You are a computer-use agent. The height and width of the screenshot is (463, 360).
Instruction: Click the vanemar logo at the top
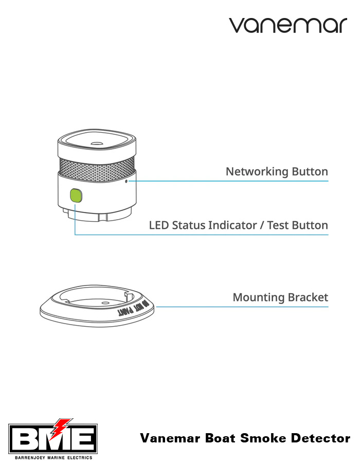[x=288, y=25]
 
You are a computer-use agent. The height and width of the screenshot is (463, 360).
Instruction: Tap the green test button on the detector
[x=76, y=196]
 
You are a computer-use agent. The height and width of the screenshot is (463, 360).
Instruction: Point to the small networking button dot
[x=127, y=181]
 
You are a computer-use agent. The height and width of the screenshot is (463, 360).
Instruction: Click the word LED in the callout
[x=159, y=225]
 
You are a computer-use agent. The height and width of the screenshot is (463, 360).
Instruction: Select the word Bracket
[x=308, y=297]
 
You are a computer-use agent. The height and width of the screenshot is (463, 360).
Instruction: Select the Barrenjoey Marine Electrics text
[x=53, y=457]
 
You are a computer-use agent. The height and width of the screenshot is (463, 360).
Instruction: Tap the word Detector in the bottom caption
[x=319, y=439]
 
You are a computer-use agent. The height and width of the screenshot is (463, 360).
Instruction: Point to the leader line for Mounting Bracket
[x=242, y=307]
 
